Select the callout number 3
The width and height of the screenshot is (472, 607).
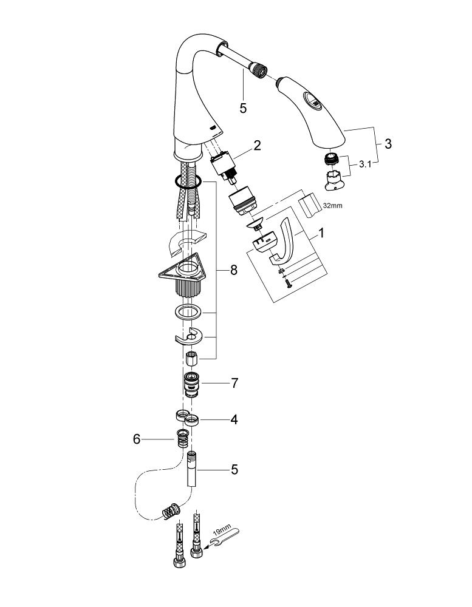point(388,144)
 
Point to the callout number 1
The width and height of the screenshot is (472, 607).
point(321,232)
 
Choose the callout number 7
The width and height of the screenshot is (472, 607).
point(234,384)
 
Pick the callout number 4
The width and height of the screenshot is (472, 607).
point(233,419)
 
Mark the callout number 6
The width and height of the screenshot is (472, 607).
point(137,438)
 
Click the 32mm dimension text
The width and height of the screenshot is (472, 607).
point(333,206)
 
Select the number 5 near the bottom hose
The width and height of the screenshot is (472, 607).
point(233,470)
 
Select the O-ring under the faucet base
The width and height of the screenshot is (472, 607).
point(184,180)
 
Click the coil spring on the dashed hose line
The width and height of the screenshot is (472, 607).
point(169,511)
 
